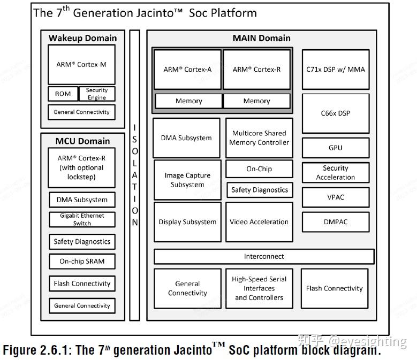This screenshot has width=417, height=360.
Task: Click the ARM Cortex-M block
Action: (x=81, y=65)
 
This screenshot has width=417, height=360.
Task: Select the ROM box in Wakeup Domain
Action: (x=63, y=94)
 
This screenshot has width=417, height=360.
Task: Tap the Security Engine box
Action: (x=97, y=94)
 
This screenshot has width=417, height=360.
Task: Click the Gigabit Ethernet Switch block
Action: (x=82, y=219)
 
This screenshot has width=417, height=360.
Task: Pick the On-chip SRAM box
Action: (x=82, y=262)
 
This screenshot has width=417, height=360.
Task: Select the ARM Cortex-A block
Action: (x=187, y=70)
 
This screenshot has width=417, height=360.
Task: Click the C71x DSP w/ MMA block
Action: (x=336, y=70)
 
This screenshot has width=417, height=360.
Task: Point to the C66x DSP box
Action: (x=336, y=113)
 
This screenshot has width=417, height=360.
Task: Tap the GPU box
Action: (x=336, y=148)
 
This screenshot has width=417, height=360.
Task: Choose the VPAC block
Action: (x=336, y=197)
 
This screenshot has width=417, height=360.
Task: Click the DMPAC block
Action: (x=336, y=221)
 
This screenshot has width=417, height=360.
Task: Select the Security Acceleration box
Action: (x=336, y=173)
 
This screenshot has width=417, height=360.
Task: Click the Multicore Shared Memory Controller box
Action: (x=259, y=138)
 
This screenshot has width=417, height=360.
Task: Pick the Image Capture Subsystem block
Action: (x=187, y=180)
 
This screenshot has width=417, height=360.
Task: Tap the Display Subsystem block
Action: (x=187, y=222)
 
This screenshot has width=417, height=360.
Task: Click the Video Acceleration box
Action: (x=259, y=222)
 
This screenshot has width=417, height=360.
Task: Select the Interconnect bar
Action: (x=264, y=257)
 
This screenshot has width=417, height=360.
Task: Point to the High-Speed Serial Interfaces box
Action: (x=259, y=288)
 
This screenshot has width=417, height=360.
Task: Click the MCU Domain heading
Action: (x=82, y=141)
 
